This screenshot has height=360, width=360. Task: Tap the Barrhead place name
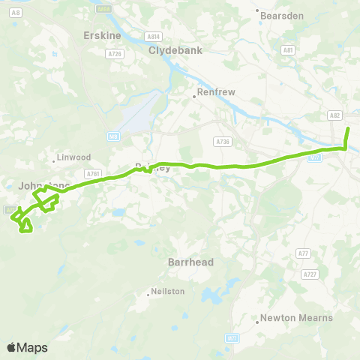(x=191, y=262)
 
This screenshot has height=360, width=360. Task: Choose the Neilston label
(x=168, y=291)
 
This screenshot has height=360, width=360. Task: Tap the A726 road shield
(x=115, y=54)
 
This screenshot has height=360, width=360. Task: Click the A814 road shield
(x=153, y=36)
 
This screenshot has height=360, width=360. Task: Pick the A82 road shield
(x=334, y=115)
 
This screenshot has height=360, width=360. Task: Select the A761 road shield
(x=93, y=173)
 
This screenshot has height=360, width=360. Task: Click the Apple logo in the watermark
(x=11, y=347)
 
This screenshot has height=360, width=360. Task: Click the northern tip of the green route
(x=348, y=130)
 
